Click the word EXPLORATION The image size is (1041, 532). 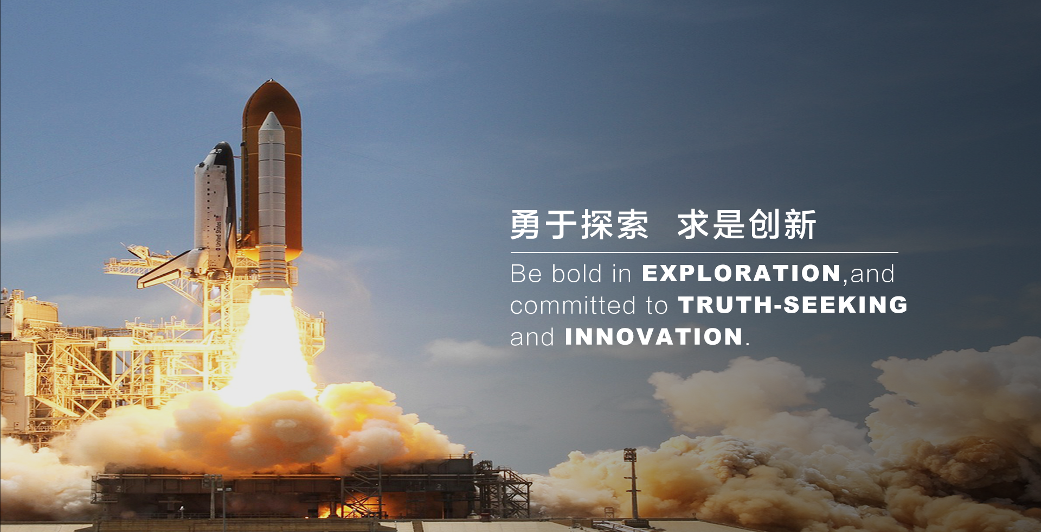pyautogui.click(x=741, y=273)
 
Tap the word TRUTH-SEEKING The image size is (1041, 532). pyautogui.click(x=793, y=305)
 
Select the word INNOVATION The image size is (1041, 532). pyautogui.click(x=653, y=337)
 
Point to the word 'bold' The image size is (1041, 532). pyautogui.click(x=576, y=273)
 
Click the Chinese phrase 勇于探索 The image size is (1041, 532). pyautogui.click(x=579, y=225)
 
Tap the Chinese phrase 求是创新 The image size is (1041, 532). pyautogui.click(x=747, y=225)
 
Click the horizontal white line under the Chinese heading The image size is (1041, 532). pyautogui.click(x=704, y=252)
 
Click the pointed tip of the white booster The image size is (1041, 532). pyautogui.click(x=271, y=113)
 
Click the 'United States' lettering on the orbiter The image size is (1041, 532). pyautogui.click(x=218, y=232)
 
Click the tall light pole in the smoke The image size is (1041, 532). pyautogui.click(x=632, y=483)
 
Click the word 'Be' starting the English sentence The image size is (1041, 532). pyautogui.click(x=526, y=273)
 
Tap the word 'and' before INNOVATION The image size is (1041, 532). pyautogui.click(x=532, y=337)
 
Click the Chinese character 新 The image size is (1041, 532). pyautogui.click(x=800, y=225)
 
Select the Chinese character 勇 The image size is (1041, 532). pyautogui.click(x=525, y=225)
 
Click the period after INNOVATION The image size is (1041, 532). pyautogui.click(x=748, y=344)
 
